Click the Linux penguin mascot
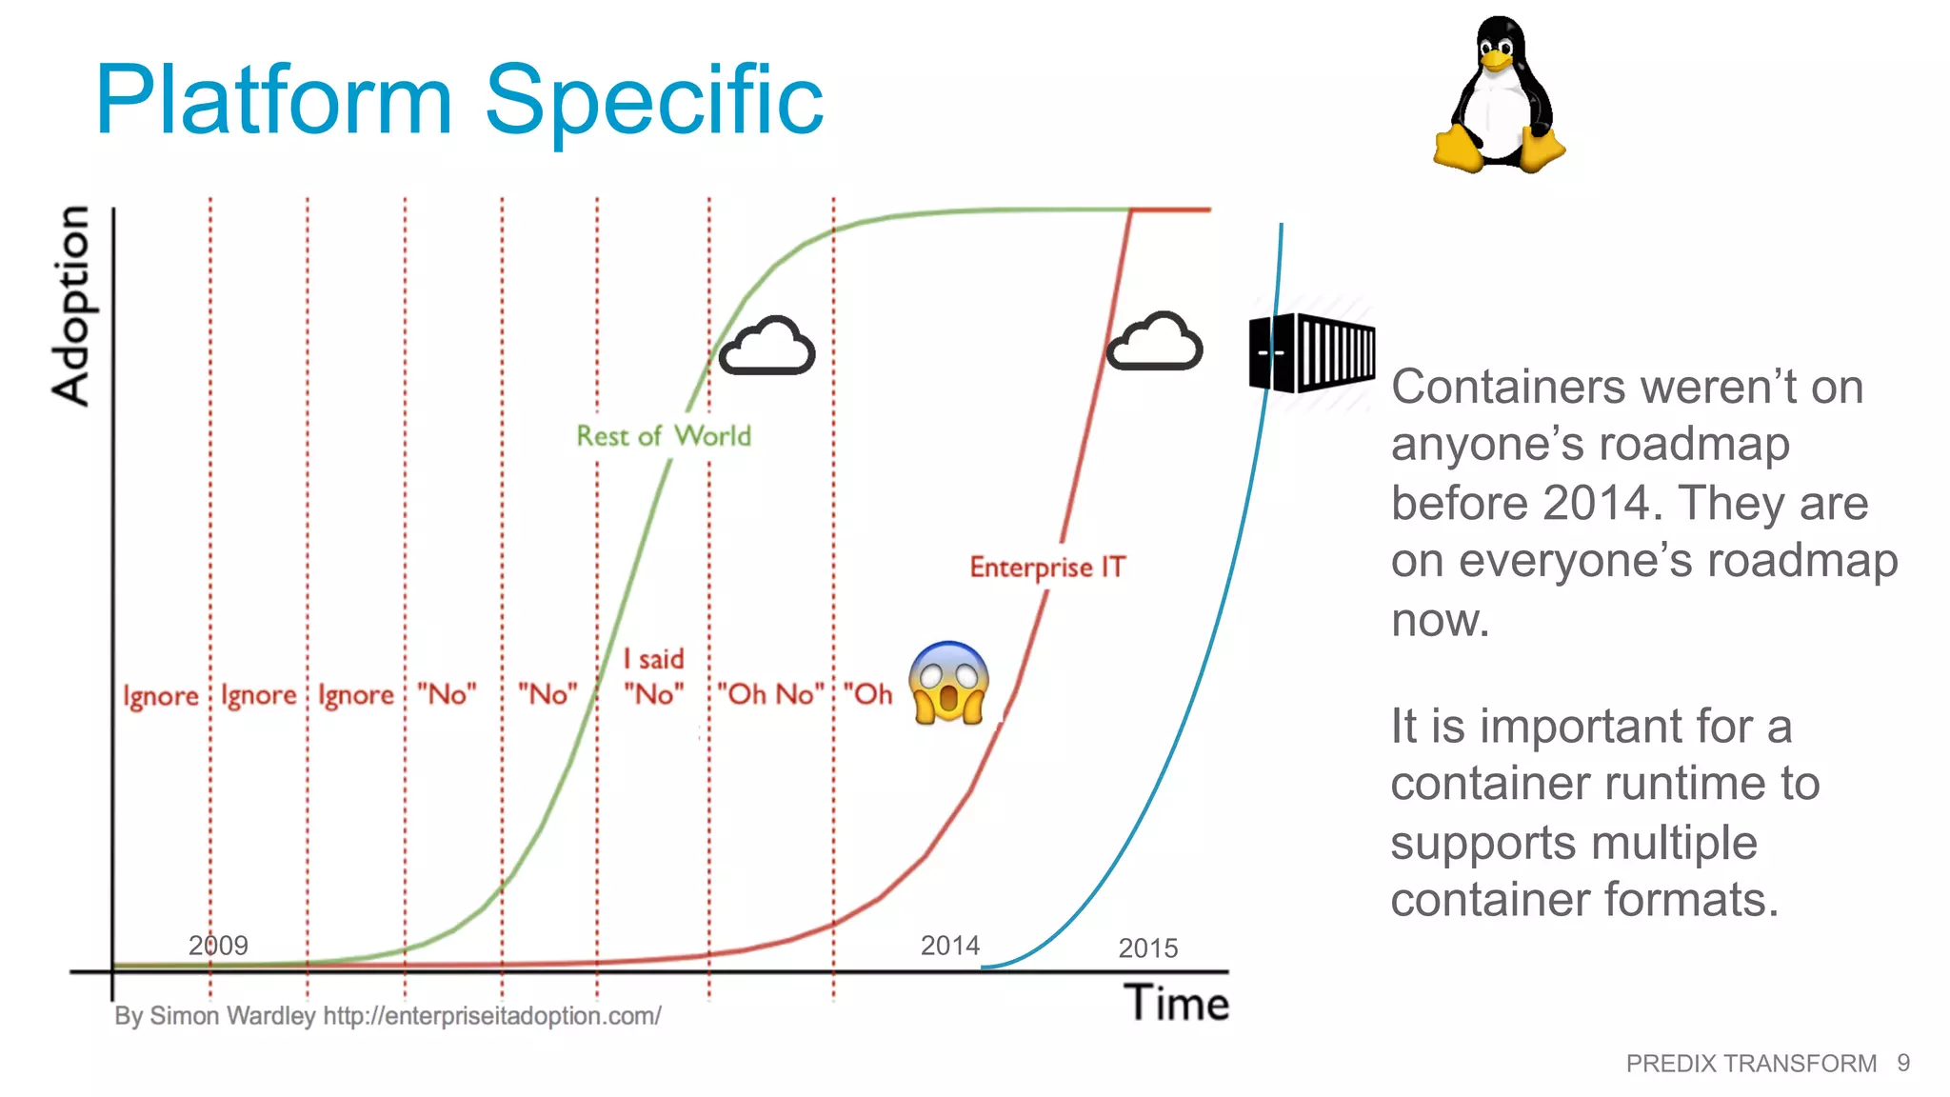pos(1499,95)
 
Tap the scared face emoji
pos(948,683)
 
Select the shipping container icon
pos(1311,352)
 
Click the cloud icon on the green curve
pos(766,346)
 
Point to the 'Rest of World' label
pos(664,436)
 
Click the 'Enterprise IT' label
pos(1047,567)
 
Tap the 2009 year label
pos(218,945)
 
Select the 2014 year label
pos(949,945)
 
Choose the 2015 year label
pos(1147,947)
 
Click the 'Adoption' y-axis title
pos(71,306)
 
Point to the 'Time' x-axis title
pos(1176,1003)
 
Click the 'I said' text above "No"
pos(653,659)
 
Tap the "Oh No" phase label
pos(770,694)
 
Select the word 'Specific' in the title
pos(654,100)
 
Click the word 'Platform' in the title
pos(274,100)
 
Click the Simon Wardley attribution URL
pos(491,1016)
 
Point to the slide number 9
pos(1902,1063)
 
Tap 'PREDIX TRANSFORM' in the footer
pos(1751,1063)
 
